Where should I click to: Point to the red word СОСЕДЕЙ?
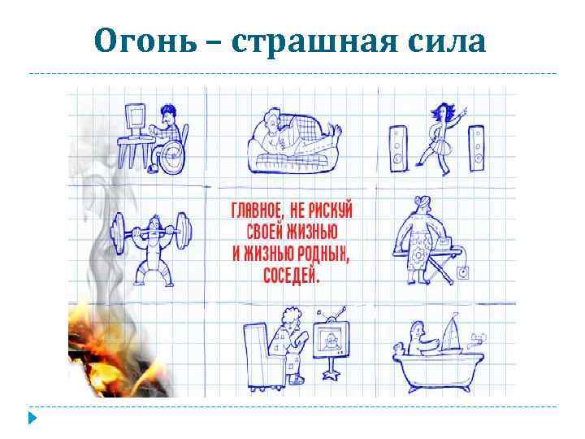290,274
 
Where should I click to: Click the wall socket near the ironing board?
464,272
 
